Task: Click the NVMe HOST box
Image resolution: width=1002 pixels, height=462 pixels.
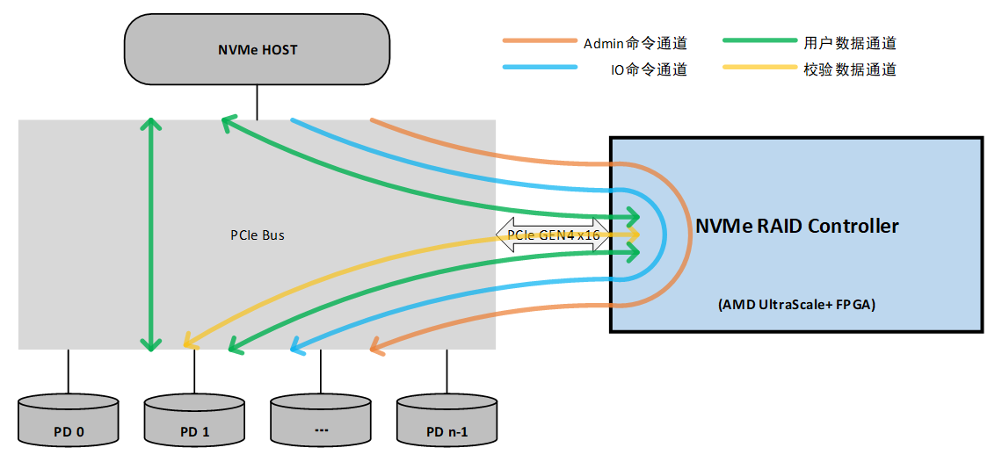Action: click(257, 49)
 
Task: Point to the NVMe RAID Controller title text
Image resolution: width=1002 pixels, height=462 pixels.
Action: click(796, 227)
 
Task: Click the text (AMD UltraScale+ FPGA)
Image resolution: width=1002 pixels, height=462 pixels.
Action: click(796, 305)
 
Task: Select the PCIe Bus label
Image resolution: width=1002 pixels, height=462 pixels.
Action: click(258, 235)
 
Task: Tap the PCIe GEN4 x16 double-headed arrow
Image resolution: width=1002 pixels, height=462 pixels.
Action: click(553, 235)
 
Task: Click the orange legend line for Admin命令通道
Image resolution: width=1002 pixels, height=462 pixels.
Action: click(538, 41)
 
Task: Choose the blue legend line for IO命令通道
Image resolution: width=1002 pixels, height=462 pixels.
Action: click(538, 69)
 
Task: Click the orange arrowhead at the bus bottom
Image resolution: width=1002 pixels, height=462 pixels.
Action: click(377, 349)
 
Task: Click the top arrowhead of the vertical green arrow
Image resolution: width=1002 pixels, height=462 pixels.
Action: click(152, 124)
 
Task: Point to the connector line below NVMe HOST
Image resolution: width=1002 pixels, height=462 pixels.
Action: click(257, 102)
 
